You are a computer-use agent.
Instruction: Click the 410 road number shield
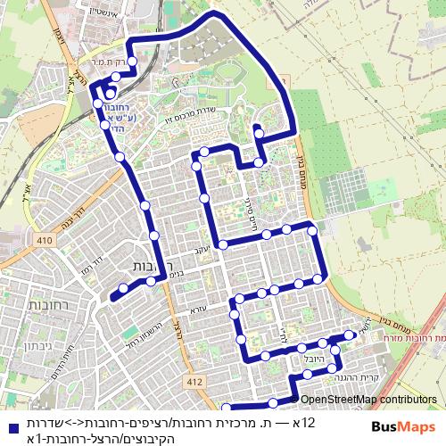pos(45,240)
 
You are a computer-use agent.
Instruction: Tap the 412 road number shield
pos(196,382)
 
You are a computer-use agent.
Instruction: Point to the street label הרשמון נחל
pos(143,332)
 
